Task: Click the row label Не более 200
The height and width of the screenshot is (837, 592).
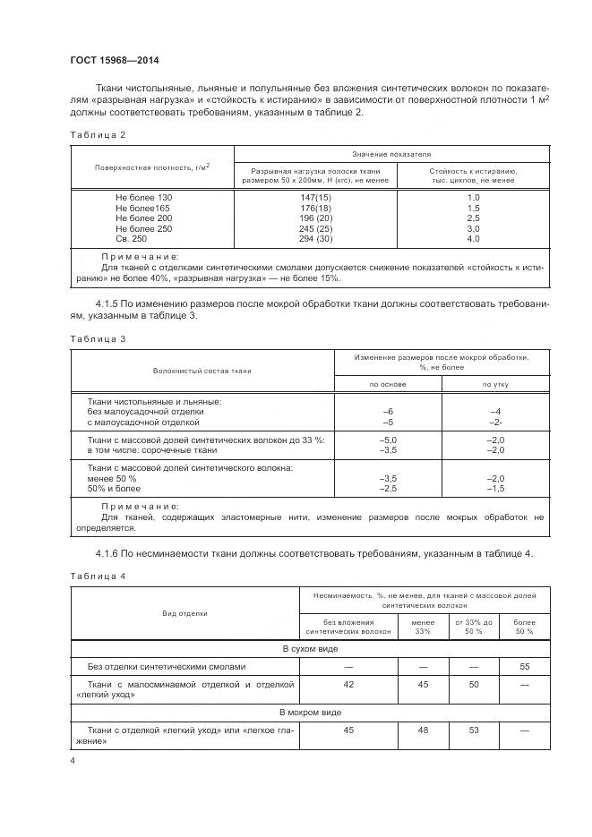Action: [143, 218]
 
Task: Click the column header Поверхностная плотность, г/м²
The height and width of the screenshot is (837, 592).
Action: [152, 167]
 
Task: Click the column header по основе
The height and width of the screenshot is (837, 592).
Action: [388, 384]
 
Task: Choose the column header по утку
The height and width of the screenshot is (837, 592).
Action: [496, 384]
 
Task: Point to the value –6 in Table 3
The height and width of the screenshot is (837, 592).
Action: [388, 411]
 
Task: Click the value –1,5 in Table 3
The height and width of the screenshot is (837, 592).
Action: [496, 488]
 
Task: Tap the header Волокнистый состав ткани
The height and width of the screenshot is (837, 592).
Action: [202, 369]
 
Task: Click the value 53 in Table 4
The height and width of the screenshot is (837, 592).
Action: [473, 731]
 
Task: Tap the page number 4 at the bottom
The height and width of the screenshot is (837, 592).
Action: [73, 761]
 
